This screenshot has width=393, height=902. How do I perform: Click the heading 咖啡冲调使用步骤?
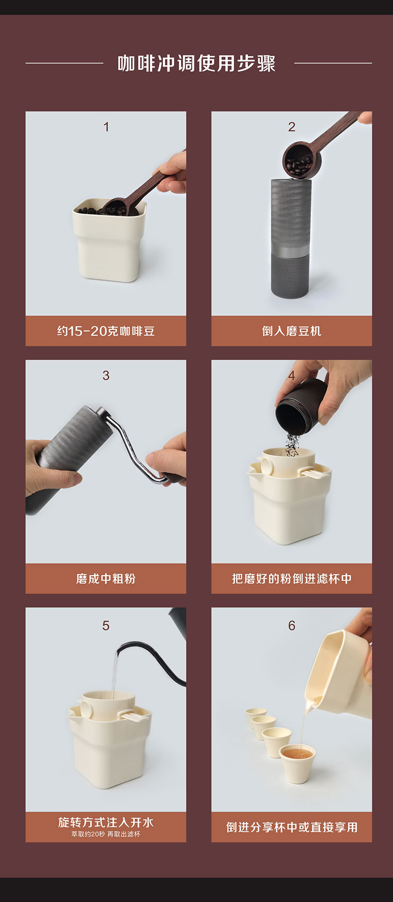[196, 63]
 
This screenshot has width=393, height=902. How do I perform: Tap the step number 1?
[106, 127]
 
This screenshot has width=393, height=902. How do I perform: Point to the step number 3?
[106, 376]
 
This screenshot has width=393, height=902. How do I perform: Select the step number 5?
[106, 625]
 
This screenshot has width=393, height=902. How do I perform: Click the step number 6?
[292, 625]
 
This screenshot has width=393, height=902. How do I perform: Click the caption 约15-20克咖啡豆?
[106, 331]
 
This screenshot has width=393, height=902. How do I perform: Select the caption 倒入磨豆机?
[292, 331]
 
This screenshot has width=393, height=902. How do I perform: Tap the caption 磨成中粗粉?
[106, 579]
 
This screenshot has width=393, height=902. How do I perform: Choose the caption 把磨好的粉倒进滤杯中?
[292, 579]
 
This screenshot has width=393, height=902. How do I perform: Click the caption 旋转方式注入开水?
[106, 822]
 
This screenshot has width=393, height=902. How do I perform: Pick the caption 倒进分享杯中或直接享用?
[292, 827]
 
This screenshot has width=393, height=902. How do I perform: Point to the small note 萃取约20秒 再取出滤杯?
[106, 834]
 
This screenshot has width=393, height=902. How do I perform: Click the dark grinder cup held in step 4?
[300, 405]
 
